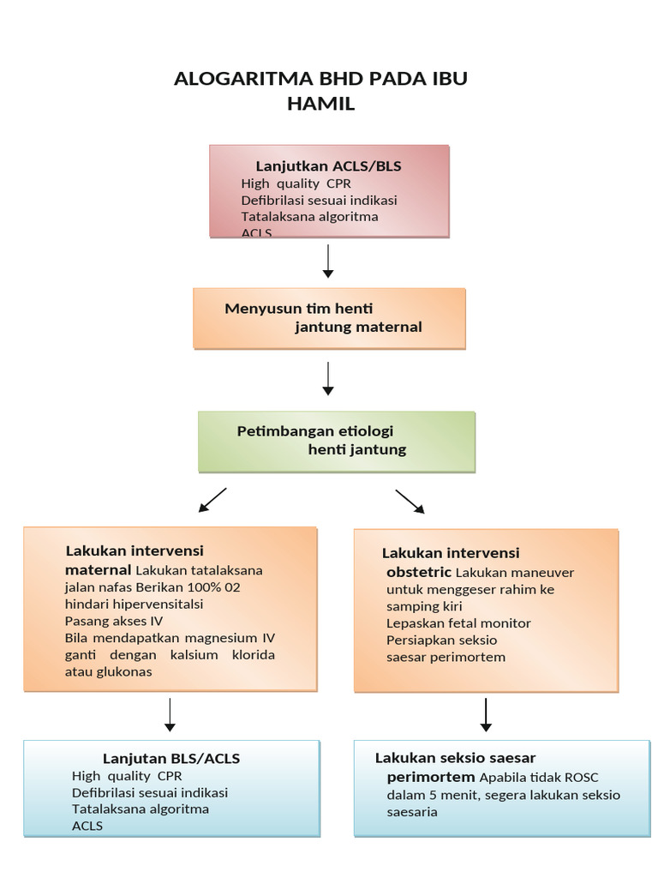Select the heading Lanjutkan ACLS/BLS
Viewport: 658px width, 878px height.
pos(328,165)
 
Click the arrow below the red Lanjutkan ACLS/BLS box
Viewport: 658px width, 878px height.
pos(327,261)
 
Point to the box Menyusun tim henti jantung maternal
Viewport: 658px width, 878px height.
pos(329,318)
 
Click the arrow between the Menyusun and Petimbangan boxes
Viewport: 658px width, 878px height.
pos(327,378)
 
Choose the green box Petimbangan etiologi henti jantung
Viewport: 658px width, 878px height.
pos(337,441)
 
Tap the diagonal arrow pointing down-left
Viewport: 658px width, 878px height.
pos(212,500)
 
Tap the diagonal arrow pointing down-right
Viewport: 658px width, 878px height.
pos(410,502)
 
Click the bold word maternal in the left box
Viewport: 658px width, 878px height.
pos(99,569)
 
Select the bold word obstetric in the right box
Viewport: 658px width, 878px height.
pos(419,572)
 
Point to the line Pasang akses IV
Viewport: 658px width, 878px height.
pos(113,621)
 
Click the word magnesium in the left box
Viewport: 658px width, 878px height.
pos(203,638)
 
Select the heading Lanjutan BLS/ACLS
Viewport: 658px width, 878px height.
pos(171,758)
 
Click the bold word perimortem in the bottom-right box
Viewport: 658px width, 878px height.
pos(431,778)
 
